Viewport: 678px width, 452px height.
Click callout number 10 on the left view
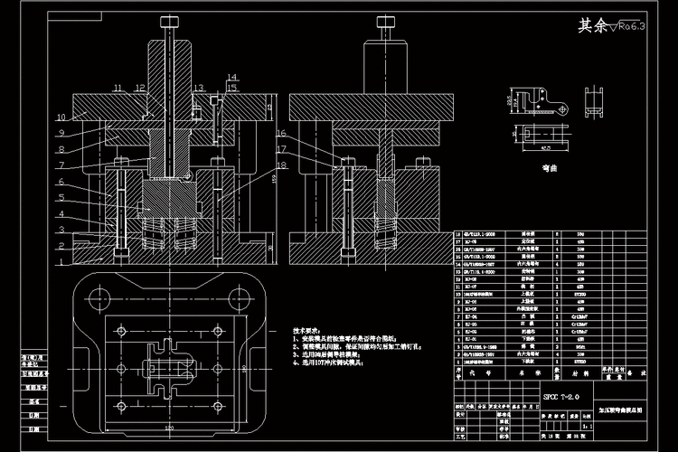pyautogui.click(x=60, y=118)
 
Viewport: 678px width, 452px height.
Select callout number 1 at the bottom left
pyautogui.click(x=60, y=262)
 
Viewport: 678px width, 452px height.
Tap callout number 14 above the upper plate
pyautogui.click(x=232, y=77)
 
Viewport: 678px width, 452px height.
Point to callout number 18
pyautogui.click(x=282, y=165)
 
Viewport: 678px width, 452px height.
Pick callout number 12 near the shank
pyautogui.click(x=139, y=88)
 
